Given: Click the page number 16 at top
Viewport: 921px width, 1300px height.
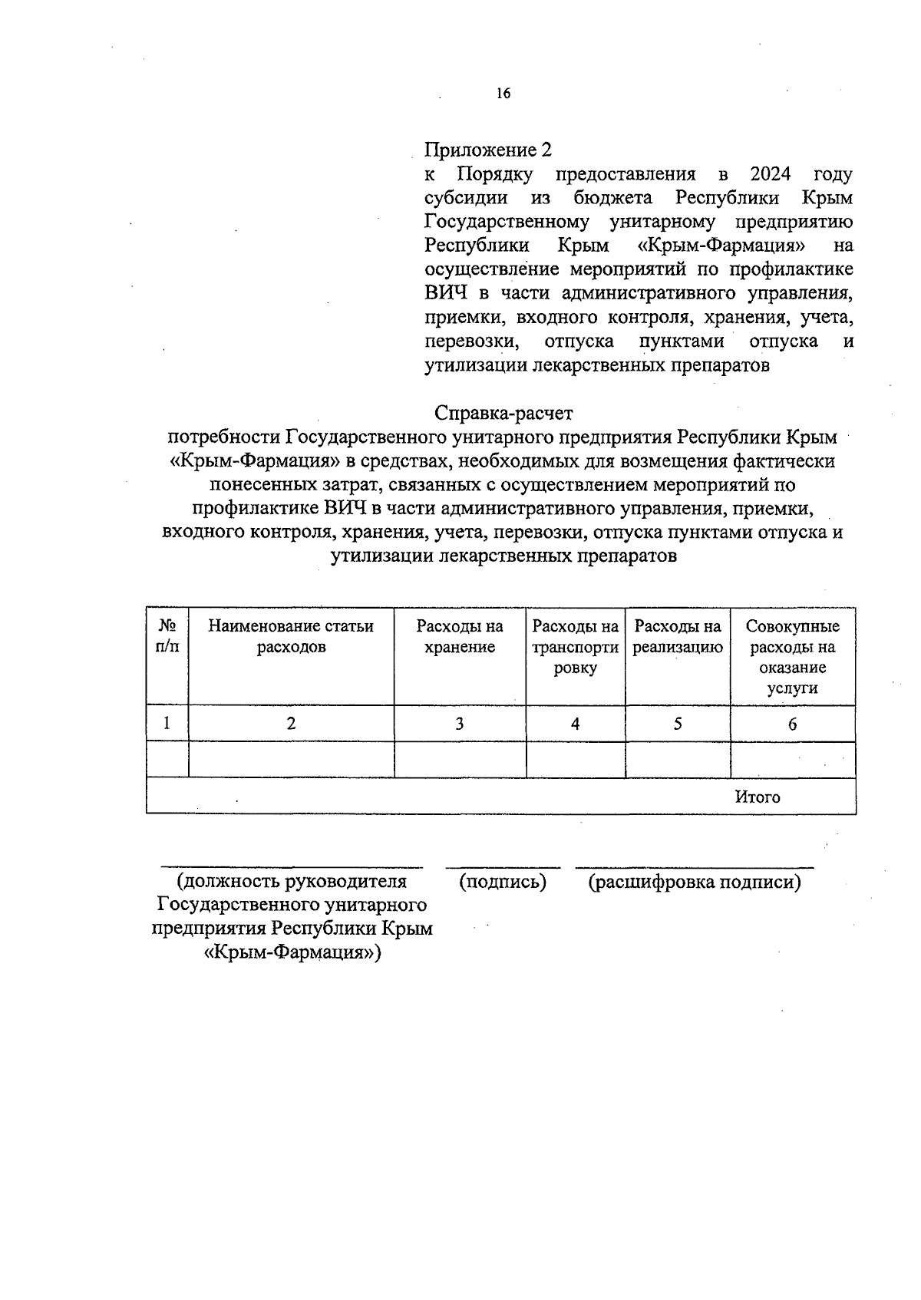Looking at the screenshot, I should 503,94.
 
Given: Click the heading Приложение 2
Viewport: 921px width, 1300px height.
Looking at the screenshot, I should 488,150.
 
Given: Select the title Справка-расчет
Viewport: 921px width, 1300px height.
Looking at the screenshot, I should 503,414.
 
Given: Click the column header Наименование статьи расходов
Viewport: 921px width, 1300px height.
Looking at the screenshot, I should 291,636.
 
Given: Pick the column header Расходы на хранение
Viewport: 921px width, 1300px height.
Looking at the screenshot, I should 459,636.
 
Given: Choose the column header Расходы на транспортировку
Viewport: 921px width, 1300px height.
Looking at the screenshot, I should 575,646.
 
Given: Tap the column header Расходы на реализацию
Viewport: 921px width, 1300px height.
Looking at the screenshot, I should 678,636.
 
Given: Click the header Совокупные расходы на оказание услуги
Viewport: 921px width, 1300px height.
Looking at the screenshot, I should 792,656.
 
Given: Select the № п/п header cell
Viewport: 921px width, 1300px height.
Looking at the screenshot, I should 167,635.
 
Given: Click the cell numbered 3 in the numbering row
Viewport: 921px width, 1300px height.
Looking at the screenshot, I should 459,723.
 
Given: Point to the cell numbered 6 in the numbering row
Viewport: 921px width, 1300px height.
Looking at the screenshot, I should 792,724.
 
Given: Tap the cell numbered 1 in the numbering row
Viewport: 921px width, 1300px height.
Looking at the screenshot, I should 167,722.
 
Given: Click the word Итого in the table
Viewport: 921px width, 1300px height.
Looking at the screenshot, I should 757,797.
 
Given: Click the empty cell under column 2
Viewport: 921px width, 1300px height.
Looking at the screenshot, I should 291,759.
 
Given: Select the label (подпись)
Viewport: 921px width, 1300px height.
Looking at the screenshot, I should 503,882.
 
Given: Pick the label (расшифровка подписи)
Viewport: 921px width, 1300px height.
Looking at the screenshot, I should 695,882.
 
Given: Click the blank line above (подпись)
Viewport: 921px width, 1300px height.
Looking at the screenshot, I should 503,866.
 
